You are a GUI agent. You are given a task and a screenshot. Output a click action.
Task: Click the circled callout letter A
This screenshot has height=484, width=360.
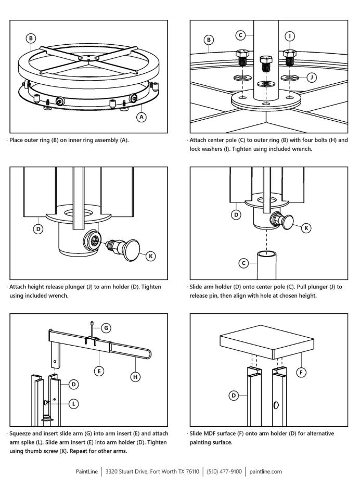[141, 117]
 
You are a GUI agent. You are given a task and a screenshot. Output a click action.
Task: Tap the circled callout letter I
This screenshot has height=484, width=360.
[290, 35]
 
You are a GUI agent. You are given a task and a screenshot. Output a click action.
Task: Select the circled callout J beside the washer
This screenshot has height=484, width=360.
[312, 78]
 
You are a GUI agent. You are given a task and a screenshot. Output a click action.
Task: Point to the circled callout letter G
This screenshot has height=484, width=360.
[106, 328]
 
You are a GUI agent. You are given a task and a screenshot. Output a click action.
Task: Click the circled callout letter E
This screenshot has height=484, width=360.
[97, 371]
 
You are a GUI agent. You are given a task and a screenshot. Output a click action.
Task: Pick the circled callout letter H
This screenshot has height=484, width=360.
[136, 376]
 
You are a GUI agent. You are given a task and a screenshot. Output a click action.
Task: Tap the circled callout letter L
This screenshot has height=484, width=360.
[73, 403]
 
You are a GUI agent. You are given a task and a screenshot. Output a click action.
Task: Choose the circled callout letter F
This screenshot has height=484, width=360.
[300, 372]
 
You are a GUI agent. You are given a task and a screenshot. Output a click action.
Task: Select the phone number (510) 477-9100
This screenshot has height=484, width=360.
[224, 472]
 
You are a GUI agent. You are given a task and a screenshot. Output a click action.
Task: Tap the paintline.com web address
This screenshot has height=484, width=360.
[266, 472]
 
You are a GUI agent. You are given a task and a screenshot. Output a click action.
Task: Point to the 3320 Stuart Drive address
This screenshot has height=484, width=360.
[152, 472]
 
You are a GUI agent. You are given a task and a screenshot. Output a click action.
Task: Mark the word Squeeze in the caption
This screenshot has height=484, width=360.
[22, 433]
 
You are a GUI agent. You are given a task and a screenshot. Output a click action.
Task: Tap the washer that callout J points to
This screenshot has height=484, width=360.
[289, 78]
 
